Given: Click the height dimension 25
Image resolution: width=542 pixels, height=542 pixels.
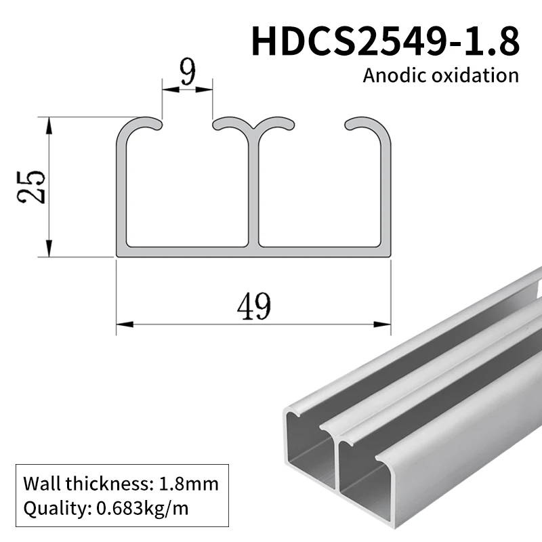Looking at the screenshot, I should pyautogui.click(x=33, y=186).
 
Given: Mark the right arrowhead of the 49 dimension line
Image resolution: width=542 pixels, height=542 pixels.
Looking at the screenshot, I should pyautogui.click(x=388, y=324).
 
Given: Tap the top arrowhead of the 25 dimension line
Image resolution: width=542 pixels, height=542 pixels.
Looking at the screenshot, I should pyautogui.click(x=49, y=121).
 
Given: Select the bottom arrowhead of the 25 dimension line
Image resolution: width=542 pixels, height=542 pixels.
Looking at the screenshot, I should pyautogui.click(x=49, y=252).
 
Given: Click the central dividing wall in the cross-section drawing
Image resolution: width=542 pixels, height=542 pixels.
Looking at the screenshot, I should pyautogui.click(x=255, y=190).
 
